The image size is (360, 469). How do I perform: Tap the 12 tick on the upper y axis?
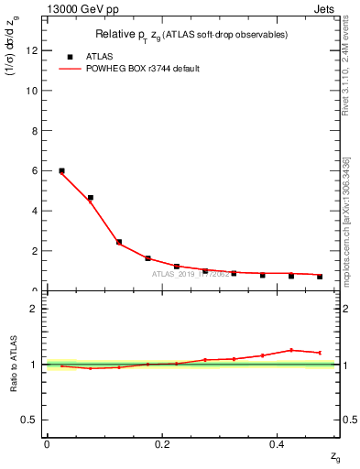click(x=36, y=51)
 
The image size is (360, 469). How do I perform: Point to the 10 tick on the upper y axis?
click(x=36, y=92)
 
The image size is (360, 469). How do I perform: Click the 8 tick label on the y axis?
click(x=36, y=131)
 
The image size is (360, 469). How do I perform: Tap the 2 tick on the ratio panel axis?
click(x=36, y=309)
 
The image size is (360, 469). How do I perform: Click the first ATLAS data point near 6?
click(x=61, y=170)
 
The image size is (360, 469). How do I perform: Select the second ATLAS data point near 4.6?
click(x=90, y=198)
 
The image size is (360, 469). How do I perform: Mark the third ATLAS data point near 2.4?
click(x=119, y=242)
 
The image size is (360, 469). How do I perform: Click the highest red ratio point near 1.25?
click(x=291, y=350)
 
